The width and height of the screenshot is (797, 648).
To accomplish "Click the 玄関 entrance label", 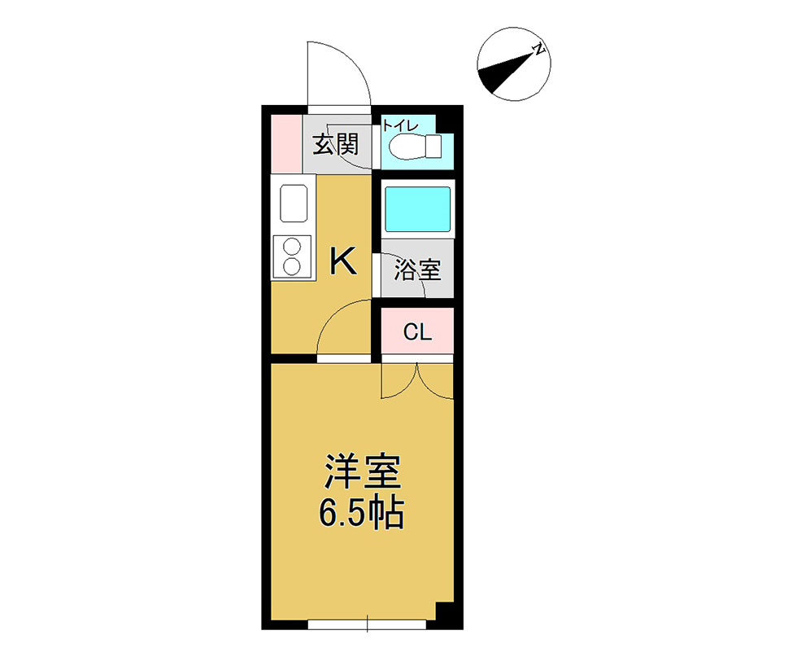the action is tap(335, 145).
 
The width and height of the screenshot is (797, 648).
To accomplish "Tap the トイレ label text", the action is tap(400, 125).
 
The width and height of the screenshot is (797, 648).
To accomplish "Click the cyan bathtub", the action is tap(417, 209).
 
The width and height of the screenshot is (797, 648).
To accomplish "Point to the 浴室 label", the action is tap(417, 269).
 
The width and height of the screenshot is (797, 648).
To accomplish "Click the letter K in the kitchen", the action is tap(343, 261).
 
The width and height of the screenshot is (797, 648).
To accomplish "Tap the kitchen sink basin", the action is tap(294, 203).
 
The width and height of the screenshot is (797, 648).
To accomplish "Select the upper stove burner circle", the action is tap(292, 248).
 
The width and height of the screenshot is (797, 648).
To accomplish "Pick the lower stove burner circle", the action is tap(292, 266).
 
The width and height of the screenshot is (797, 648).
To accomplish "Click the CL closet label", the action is tap(417, 333).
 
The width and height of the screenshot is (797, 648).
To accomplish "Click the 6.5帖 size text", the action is tap(361, 513).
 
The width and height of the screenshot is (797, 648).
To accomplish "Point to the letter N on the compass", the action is tap(538, 50).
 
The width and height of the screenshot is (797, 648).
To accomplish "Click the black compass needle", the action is tap(507, 71).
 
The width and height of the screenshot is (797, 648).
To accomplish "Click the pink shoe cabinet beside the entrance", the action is tap(286, 144).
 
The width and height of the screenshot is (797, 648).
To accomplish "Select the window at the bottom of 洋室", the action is tap(367, 624).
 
